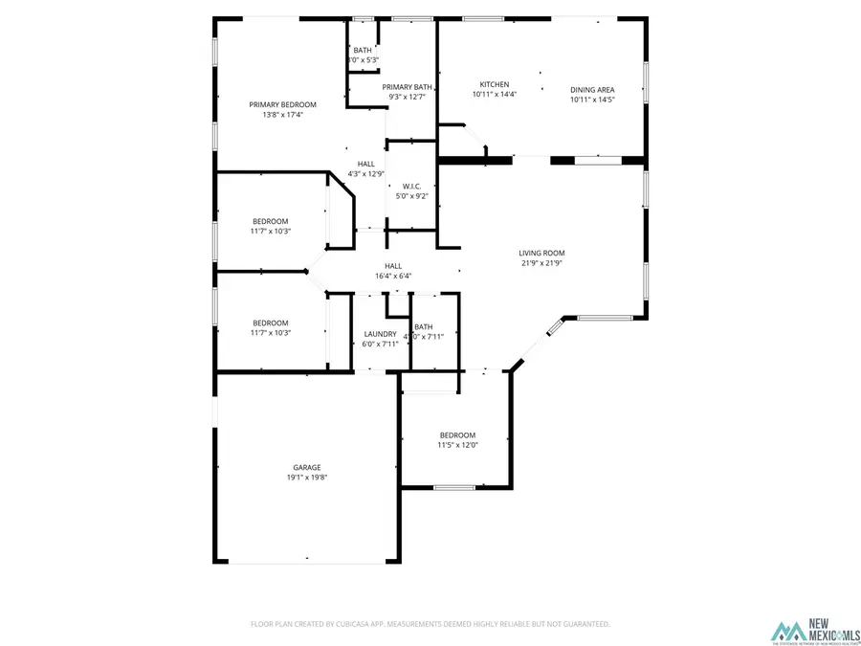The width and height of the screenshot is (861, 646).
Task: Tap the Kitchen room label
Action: coord(494,84)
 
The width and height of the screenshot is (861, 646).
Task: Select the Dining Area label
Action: coord(592,89)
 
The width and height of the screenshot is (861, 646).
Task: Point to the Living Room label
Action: coord(541,254)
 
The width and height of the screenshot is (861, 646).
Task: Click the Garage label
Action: coord(306,467)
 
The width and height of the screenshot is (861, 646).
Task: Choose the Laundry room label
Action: coord(380,333)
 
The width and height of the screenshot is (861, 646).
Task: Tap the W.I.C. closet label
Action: coord(412,186)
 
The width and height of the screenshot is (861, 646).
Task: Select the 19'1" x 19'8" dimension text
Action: coord(306,478)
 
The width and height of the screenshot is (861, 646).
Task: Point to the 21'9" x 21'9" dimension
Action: coord(541,263)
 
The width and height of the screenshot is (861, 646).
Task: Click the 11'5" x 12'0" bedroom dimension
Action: coord(457,444)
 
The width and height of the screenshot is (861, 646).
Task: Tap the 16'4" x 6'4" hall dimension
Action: coord(393,277)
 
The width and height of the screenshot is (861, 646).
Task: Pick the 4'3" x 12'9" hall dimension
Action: coord(365,173)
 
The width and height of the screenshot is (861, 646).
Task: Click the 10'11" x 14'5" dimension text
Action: coord(592,99)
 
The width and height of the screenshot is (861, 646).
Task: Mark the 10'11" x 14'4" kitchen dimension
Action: coord(494,95)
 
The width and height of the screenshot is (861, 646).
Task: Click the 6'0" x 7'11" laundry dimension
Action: coord(380,343)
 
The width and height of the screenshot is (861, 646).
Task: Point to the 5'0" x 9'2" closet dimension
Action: coord(412,196)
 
